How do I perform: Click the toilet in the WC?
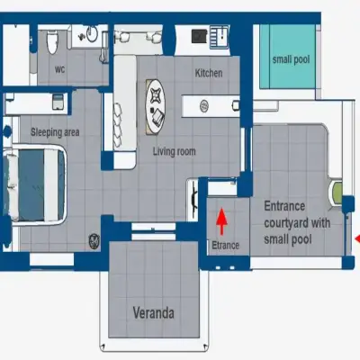click(x=52, y=41)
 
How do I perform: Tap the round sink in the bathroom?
click(x=92, y=34)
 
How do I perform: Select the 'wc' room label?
click(x=59, y=69)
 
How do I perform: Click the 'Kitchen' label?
click(x=209, y=73)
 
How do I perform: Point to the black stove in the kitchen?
click(x=199, y=36)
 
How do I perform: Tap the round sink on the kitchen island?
click(x=204, y=106)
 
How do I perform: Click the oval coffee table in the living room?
click(x=155, y=106)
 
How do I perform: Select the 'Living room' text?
click(x=175, y=151)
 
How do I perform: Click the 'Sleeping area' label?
click(x=55, y=132)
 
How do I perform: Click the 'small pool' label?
click(x=291, y=59)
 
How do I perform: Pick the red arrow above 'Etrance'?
click(x=221, y=220)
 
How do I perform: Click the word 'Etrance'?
click(x=226, y=245)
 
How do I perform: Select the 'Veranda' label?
click(x=154, y=313)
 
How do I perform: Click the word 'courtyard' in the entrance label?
click(x=286, y=223)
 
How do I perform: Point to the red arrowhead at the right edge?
click(x=357, y=238)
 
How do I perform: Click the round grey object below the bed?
click(x=94, y=241)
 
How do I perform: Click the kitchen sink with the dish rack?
click(x=220, y=37)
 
